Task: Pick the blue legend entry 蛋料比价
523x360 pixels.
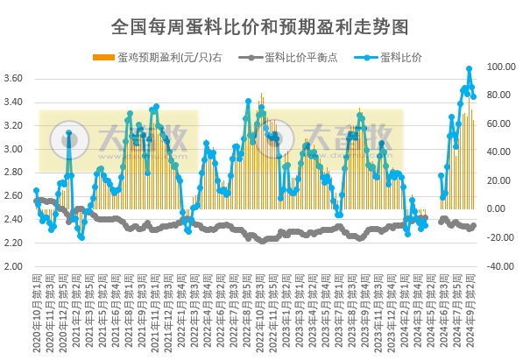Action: pyautogui.click(x=400, y=58)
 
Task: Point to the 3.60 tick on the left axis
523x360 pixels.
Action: pyautogui.click(x=14, y=79)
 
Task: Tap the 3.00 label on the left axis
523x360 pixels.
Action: pyautogui.click(x=14, y=149)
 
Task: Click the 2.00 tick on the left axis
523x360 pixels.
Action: pyautogui.click(x=14, y=266)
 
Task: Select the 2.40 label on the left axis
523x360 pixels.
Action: pyautogui.click(x=14, y=220)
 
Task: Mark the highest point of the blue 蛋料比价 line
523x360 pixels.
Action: pyautogui.click(x=470, y=68)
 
